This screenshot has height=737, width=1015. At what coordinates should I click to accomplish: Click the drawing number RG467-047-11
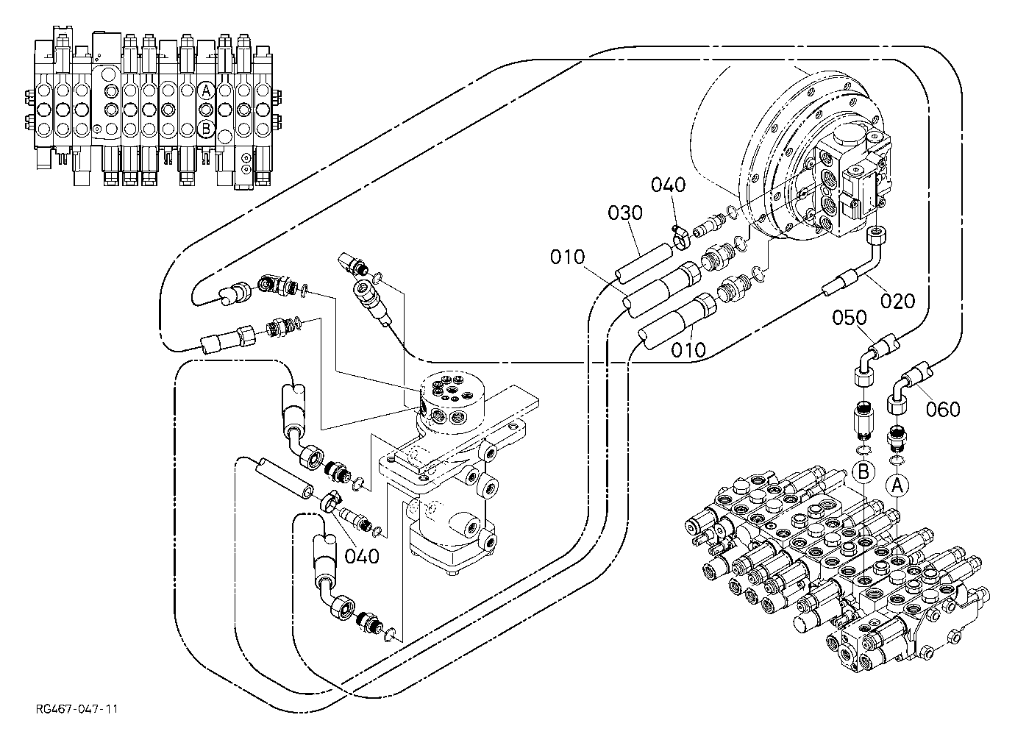click(x=76, y=709)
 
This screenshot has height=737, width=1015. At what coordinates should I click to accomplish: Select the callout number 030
click(x=625, y=213)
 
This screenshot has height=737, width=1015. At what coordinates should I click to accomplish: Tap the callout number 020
click(x=897, y=301)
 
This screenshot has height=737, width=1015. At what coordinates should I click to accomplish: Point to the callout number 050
click(x=850, y=318)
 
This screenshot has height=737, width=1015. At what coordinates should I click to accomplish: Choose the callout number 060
click(x=943, y=409)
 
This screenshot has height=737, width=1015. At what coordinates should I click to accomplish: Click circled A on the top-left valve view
click(x=206, y=91)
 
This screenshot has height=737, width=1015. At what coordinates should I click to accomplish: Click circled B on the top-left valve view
click(x=206, y=129)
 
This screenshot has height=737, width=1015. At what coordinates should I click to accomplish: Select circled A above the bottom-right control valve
click(x=897, y=486)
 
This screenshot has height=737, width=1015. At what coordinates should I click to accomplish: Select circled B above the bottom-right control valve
click(x=863, y=472)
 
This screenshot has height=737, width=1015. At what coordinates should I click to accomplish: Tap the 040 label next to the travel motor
click(x=668, y=185)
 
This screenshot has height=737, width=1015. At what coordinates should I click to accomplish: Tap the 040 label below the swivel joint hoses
click(x=362, y=556)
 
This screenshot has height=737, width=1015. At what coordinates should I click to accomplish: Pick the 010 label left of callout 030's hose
click(x=567, y=257)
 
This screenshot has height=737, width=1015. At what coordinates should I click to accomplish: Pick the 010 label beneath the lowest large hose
click(x=688, y=350)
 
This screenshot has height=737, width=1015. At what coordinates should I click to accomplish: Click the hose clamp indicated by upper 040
click(x=680, y=238)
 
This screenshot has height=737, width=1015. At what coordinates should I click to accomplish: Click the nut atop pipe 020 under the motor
click(x=877, y=235)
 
